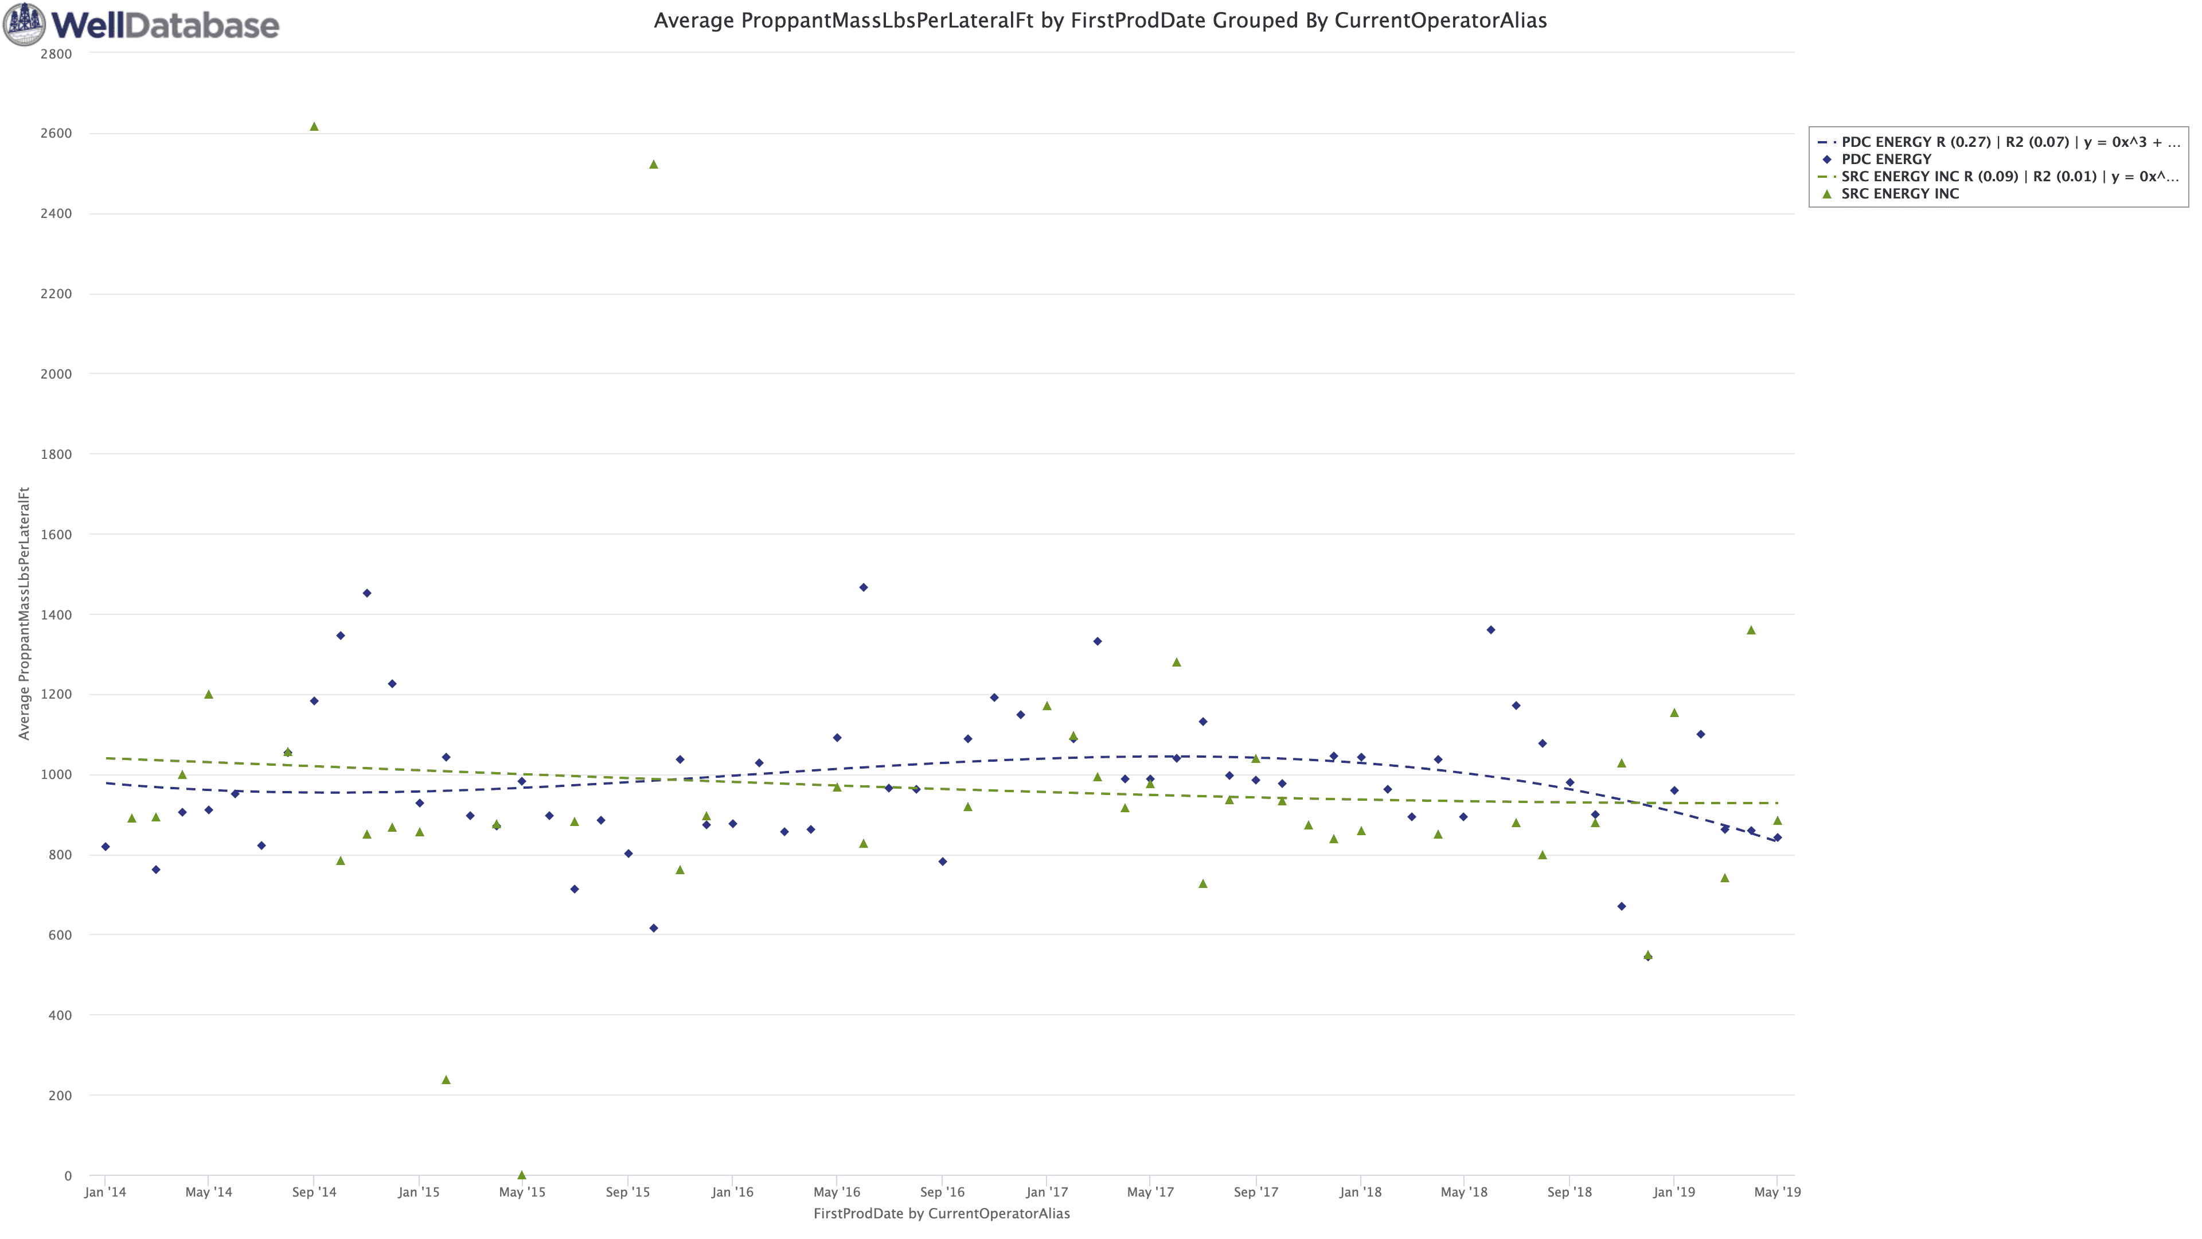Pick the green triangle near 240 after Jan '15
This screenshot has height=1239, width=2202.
point(446,1080)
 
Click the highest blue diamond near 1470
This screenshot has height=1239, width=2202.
point(864,587)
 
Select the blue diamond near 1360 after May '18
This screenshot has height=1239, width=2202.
point(1491,630)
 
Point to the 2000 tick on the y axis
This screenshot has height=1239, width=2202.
point(56,373)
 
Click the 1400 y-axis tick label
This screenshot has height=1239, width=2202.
point(56,615)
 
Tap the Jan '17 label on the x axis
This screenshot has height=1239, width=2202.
point(1047,1192)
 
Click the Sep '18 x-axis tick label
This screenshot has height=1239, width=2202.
point(1569,1192)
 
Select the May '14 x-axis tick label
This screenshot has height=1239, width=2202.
point(209,1192)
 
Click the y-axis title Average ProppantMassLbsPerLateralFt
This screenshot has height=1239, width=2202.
point(24,613)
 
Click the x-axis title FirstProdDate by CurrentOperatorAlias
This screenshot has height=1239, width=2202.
point(941,1213)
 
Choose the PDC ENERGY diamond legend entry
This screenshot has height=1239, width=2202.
point(1885,159)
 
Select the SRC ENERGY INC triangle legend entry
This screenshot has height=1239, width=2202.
point(1899,193)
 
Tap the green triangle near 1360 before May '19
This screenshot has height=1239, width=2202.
point(1751,630)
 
